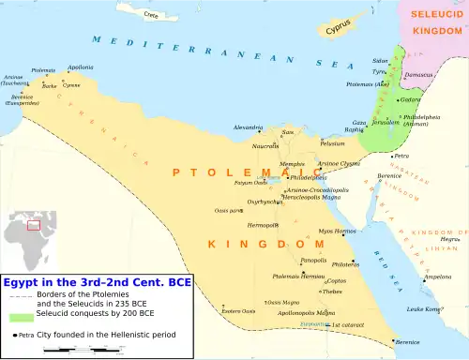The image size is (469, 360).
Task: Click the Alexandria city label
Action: tap(248, 127)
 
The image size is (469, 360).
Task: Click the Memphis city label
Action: tap(293, 164)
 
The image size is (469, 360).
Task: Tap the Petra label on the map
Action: tap(402, 156)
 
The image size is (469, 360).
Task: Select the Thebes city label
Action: tap(332, 292)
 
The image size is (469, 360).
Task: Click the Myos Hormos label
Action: tap(337, 231)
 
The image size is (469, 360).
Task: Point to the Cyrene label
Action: tap(72, 85)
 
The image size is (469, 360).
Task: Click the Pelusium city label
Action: tap(333, 143)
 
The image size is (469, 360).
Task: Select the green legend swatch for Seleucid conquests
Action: tap(15, 317)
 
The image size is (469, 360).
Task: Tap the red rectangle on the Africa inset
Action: tap(35, 224)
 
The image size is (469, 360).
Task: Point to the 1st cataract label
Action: tap(347, 324)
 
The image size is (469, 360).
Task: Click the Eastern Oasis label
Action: tap(237, 310)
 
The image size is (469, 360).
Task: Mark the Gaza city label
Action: tap(358, 122)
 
